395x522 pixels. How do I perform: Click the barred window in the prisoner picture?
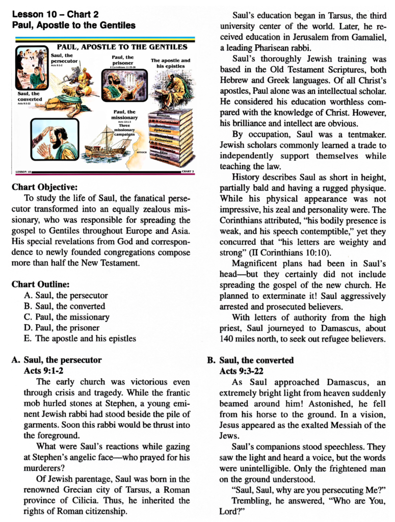pyautogui.click(x=133, y=84)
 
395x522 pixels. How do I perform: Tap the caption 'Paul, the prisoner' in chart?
pyautogui.click(x=122, y=60)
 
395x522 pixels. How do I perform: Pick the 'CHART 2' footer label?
pyautogui.click(x=187, y=172)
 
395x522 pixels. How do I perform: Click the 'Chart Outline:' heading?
pyautogui.click(x=40, y=284)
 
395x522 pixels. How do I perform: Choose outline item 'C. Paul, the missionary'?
pyautogui.click(x=66, y=317)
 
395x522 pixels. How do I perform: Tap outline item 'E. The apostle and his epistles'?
pyautogui.click(x=80, y=338)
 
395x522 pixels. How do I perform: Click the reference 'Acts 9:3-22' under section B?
pyautogui.click(x=242, y=371)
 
